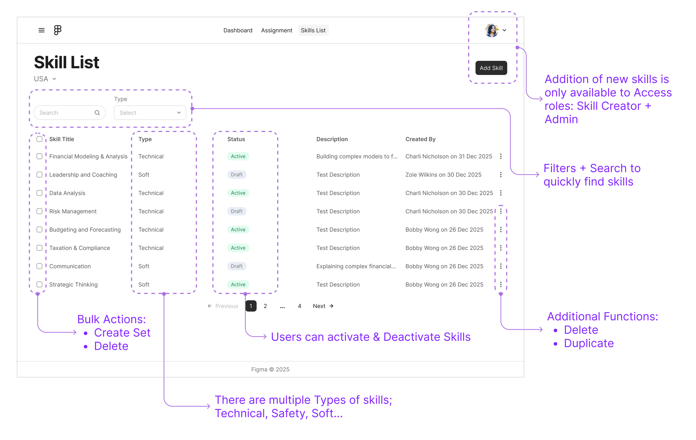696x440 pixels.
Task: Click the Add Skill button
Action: click(491, 68)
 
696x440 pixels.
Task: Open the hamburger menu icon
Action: click(41, 30)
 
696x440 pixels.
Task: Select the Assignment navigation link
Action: click(276, 30)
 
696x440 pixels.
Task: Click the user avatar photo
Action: click(491, 30)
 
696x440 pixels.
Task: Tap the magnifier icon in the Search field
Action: click(97, 113)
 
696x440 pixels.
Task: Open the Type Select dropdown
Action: click(150, 113)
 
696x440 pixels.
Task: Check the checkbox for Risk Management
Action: click(40, 211)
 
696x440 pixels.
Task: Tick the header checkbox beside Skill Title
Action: click(40, 139)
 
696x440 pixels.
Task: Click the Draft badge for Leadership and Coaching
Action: click(236, 174)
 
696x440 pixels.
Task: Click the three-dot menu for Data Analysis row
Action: click(501, 193)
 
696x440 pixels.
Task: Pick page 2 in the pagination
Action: click(265, 306)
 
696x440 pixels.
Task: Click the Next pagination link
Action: click(323, 306)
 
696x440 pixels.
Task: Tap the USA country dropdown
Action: click(45, 79)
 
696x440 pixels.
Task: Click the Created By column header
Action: click(420, 139)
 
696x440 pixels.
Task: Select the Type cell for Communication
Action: click(144, 266)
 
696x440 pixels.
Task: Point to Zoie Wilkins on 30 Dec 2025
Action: click(443, 174)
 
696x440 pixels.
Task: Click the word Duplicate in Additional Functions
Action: click(589, 343)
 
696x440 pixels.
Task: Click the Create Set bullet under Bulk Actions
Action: click(122, 333)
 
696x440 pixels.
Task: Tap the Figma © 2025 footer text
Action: click(270, 369)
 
